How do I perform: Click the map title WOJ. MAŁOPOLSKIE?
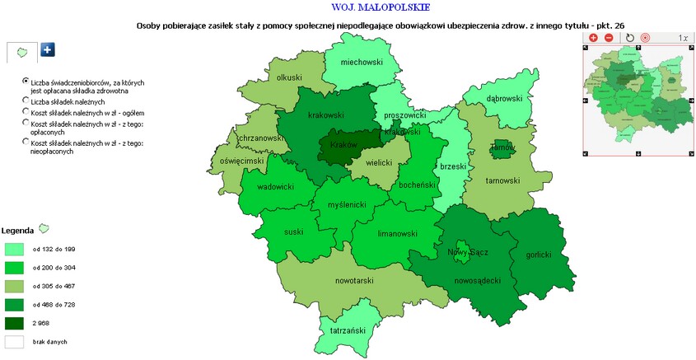[361, 7]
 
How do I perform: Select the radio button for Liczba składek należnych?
[26, 100]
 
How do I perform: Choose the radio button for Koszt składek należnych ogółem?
[26, 111]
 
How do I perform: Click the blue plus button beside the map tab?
[48, 50]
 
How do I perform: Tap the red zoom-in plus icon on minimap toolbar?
[593, 38]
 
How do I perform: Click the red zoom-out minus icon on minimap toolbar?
[609, 38]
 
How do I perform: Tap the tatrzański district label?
[347, 330]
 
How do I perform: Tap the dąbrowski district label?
[504, 99]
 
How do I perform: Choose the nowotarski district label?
[354, 281]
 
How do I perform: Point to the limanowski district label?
[395, 234]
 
